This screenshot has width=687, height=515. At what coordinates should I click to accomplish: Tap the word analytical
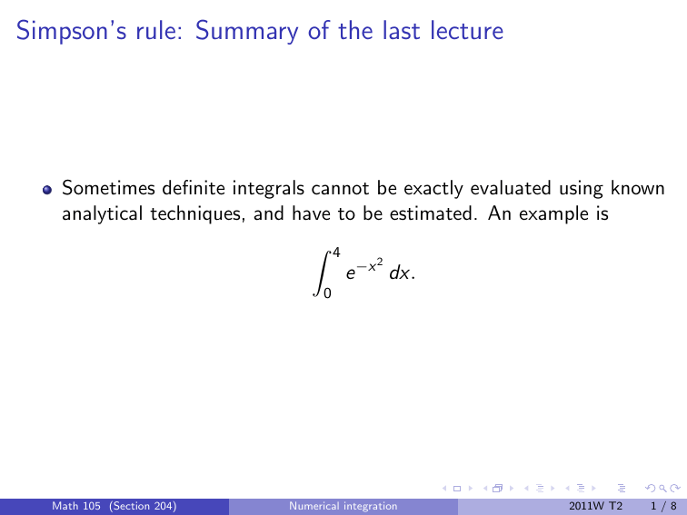click(x=100, y=215)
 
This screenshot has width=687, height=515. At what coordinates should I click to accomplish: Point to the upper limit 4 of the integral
click(x=335, y=251)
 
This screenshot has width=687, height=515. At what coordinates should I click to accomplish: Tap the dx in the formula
click(x=397, y=273)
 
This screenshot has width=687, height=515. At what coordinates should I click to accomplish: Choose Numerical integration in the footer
click(x=343, y=506)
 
